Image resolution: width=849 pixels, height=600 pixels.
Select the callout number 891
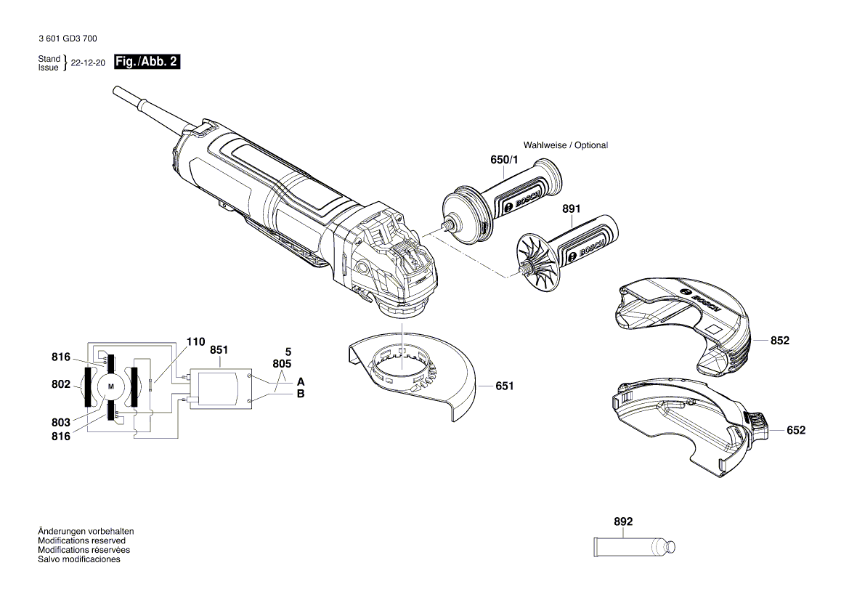pos(572,208)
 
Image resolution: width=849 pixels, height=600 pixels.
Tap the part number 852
pos(780,340)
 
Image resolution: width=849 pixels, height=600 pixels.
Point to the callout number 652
pos(796,430)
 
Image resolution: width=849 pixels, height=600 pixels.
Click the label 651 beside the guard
pos(504,386)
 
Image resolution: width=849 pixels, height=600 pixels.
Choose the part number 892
pos(623,522)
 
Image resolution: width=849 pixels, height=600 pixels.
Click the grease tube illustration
pos(635,544)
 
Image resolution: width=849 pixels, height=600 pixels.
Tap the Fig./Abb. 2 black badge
pos(147,62)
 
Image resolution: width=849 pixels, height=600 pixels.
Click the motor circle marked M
pos(111,387)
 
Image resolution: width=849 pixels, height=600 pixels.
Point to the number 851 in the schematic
pos(219,349)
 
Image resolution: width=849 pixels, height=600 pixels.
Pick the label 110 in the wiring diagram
pos(195,341)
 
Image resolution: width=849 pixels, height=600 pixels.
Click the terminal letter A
pos(301,381)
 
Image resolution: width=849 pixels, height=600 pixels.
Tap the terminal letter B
pos(301,394)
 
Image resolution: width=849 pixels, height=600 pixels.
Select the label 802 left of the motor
pos(61,384)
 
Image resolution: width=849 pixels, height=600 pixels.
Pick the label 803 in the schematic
pos(61,423)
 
